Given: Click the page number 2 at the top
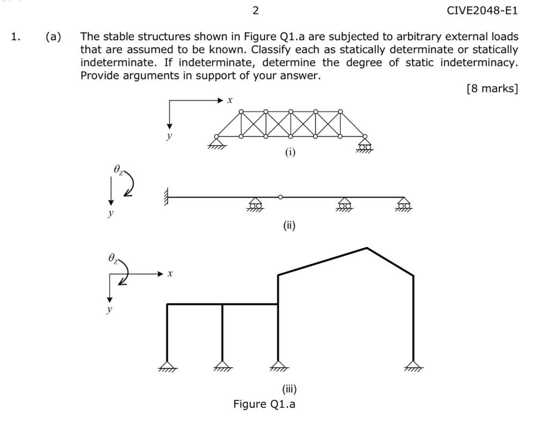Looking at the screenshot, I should click(255, 10).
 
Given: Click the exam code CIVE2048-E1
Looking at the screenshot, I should click(482, 10).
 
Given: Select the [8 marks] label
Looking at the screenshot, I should click(492, 88).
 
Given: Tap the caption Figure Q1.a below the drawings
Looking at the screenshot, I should click(264, 404).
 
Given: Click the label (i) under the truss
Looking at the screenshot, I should click(290, 152).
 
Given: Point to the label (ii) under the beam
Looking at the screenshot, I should click(289, 225).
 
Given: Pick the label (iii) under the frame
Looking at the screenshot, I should click(289, 389).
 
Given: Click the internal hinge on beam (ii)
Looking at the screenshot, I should click(280, 197).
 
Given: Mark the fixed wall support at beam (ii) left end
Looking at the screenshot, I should click(167, 197).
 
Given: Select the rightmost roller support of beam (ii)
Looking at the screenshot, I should click(404, 204).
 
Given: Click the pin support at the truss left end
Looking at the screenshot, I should click(217, 143).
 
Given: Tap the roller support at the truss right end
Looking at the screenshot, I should click(365, 144).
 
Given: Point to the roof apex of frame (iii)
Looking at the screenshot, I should click(367, 248).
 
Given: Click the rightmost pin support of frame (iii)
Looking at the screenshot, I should click(413, 366).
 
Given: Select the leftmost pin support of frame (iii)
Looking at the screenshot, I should click(167, 366).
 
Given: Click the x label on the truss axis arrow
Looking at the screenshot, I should click(230, 100).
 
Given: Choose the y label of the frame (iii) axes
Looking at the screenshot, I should click(109, 309).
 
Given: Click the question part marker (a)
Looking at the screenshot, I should click(53, 37).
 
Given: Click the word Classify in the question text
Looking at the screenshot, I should click(271, 50).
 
